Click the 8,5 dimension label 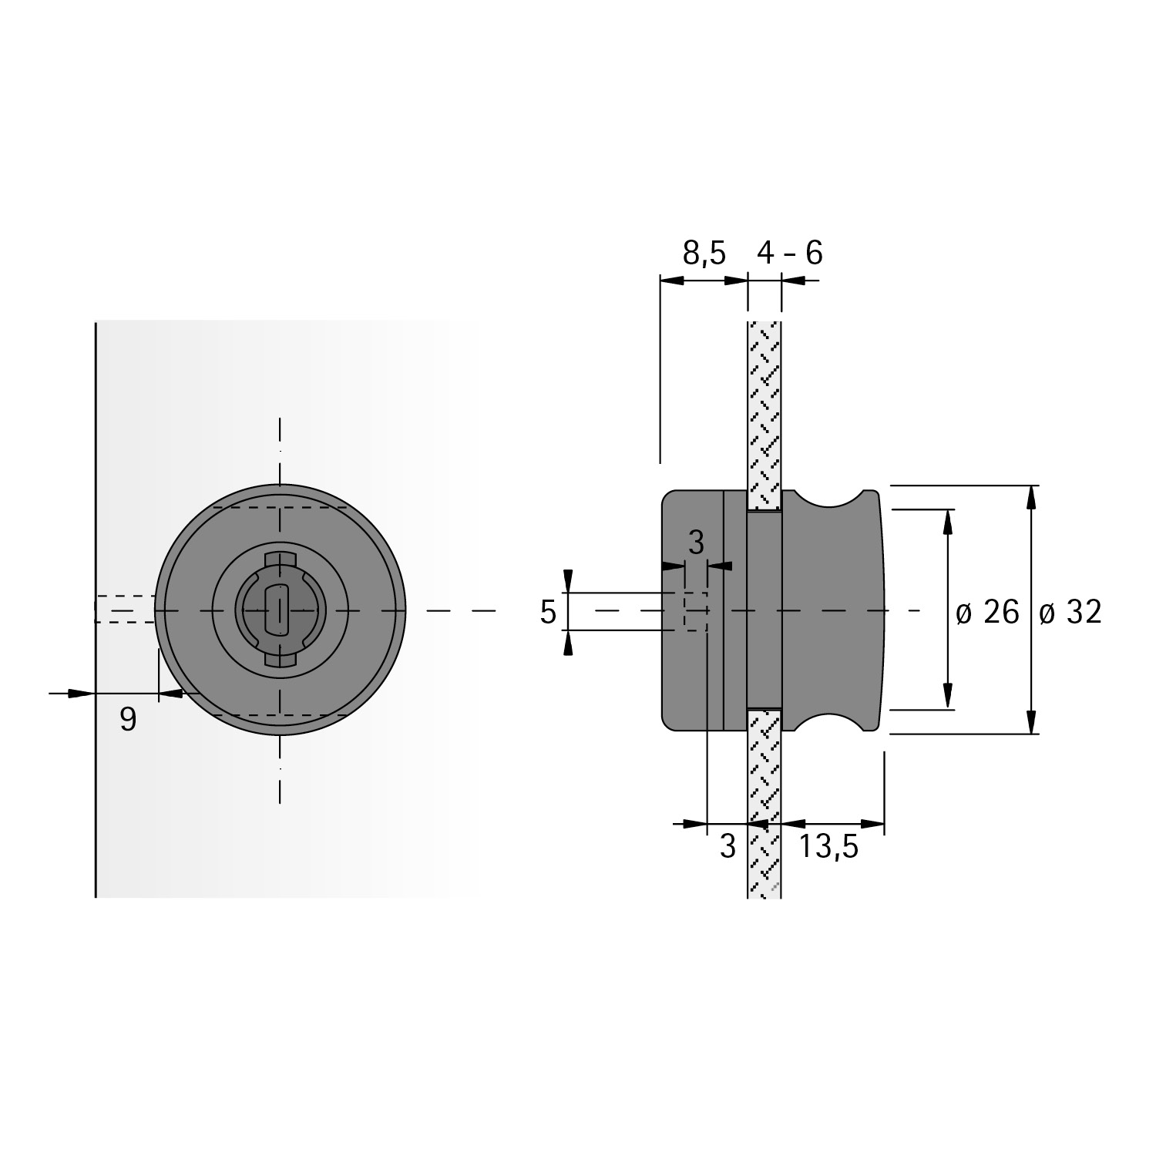(x=704, y=253)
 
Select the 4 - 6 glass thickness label (x=789, y=253)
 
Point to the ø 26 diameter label (x=986, y=613)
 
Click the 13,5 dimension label (x=828, y=847)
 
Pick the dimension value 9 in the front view (x=128, y=720)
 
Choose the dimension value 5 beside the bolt (x=548, y=613)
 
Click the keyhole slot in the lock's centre (x=275, y=609)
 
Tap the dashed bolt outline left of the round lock (x=125, y=609)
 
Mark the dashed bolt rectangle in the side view (x=695, y=611)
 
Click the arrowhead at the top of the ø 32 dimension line (x=1031, y=497)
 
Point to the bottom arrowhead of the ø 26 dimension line (x=948, y=697)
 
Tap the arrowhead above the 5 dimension (x=568, y=582)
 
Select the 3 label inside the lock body (x=696, y=543)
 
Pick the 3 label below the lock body (x=728, y=847)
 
